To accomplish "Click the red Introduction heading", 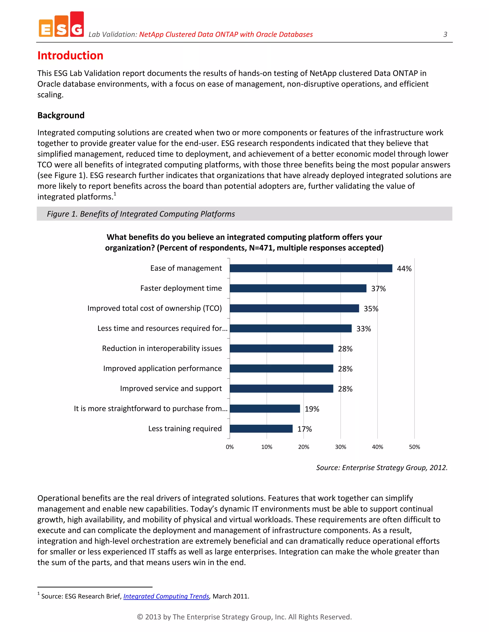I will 70,56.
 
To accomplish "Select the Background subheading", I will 61,115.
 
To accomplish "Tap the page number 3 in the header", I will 445,34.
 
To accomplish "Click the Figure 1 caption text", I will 141,214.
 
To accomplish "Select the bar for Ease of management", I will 311,268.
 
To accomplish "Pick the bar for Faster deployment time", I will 298,288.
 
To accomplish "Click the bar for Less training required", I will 261,429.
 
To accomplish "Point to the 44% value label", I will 404,269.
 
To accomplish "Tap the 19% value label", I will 312,409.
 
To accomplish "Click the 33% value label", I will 363,329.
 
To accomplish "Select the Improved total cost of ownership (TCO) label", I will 154,308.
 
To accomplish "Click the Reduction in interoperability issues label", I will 162,348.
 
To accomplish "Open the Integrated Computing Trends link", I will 166,596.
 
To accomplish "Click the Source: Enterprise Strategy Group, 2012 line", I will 382,468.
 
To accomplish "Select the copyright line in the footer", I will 244,617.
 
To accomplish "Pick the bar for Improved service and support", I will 281,389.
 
